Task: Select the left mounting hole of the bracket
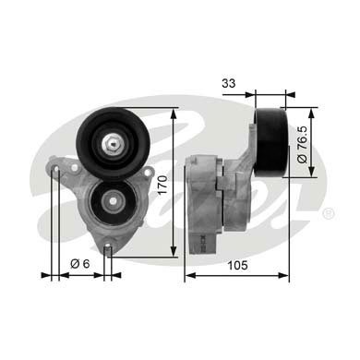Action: pos(57,171)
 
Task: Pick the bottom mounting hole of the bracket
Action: pos(108,247)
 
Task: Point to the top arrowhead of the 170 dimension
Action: pos(174,114)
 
